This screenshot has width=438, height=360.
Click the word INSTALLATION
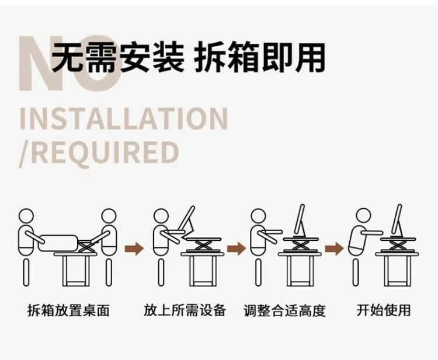124,119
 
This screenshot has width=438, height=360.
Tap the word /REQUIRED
99,153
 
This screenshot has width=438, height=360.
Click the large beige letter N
39,63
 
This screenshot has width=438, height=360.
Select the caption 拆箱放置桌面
68,310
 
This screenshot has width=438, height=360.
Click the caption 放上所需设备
185,310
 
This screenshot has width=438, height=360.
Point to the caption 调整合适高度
284,310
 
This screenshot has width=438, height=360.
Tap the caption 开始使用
384,310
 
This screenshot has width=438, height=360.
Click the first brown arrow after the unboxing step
134,249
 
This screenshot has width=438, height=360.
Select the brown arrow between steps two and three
237,249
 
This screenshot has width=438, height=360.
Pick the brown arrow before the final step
334,249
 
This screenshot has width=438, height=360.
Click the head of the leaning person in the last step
363,216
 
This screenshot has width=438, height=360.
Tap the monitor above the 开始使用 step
397,220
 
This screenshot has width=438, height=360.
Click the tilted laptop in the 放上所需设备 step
187,222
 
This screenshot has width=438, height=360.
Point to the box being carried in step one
58,243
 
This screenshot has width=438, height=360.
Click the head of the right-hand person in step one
109,216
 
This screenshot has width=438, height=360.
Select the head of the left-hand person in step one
26,216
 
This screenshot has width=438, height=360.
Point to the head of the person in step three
258,216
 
